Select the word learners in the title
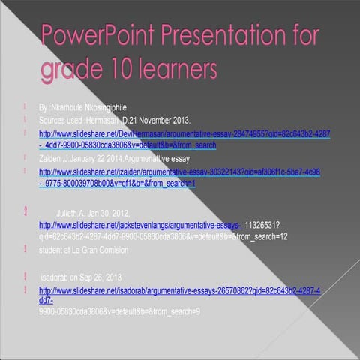[x=179, y=70]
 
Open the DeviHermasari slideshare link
[x=180, y=134]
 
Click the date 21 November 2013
[x=160, y=120]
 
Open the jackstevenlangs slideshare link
[x=139, y=225]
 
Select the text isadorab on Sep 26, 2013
[x=80, y=275]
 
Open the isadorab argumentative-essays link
[x=180, y=289]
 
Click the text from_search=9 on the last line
[x=173, y=310]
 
